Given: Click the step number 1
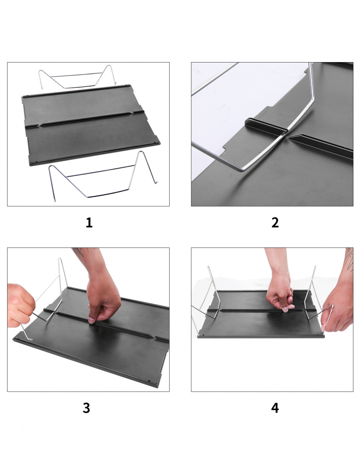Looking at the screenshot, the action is coord(89,222).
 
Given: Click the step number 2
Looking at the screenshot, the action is coord(275,222).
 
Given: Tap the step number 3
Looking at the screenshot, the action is coord(86,408).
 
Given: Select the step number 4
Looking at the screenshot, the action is coord(275,408).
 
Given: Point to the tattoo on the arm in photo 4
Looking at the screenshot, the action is coord(349,260).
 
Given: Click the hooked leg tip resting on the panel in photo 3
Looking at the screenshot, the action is coord(29,339).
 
